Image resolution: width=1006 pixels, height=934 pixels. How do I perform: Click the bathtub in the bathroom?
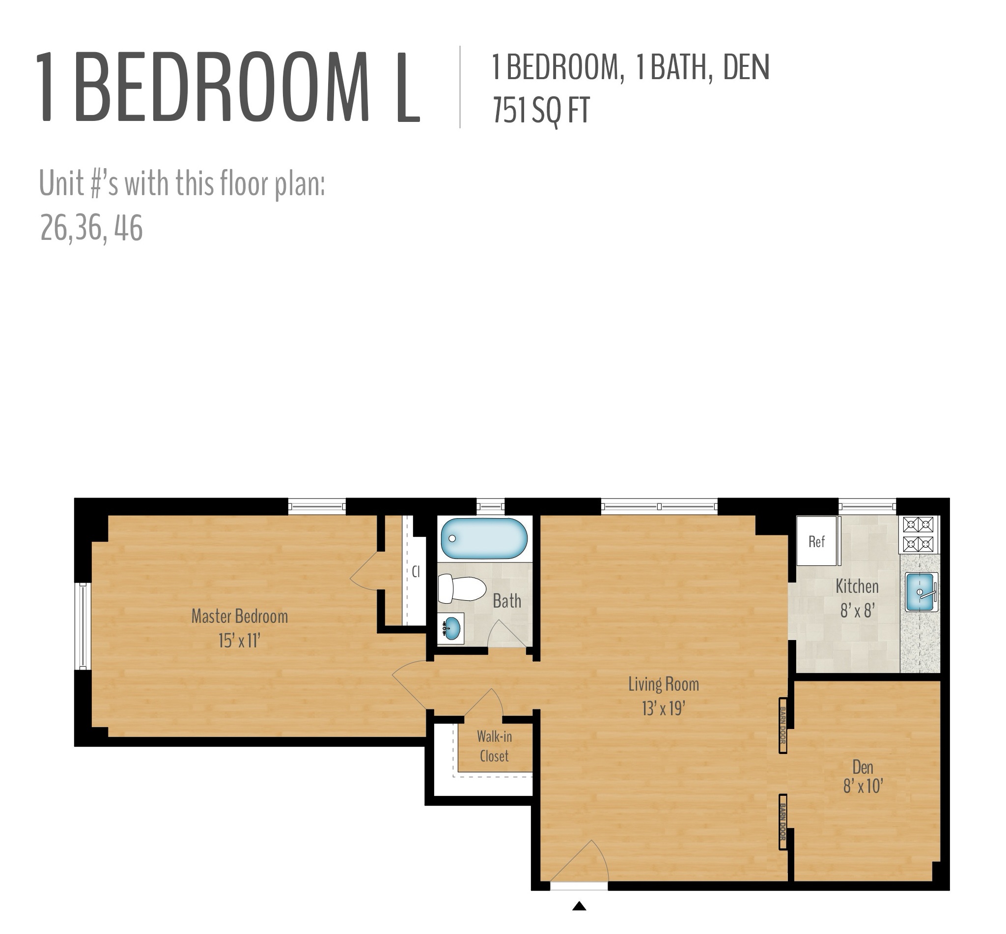pyautogui.click(x=483, y=538)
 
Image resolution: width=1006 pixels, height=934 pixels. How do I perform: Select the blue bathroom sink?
pyautogui.click(x=451, y=628)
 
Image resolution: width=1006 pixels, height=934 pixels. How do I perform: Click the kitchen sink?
pyautogui.click(x=920, y=591)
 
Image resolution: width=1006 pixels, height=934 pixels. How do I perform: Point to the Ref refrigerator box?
pyautogui.click(x=816, y=541)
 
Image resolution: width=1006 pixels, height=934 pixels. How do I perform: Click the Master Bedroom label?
pyautogui.click(x=239, y=616)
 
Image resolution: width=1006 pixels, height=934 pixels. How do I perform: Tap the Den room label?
pyautogui.click(x=863, y=767)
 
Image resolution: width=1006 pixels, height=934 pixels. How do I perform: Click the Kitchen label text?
pyautogui.click(x=857, y=586)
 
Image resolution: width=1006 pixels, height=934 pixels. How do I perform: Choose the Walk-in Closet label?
pyautogui.click(x=494, y=747)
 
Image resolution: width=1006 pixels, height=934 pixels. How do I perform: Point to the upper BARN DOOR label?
pyautogui.click(x=782, y=725)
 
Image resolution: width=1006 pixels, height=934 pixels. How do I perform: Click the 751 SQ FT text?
pyautogui.click(x=541, y=111)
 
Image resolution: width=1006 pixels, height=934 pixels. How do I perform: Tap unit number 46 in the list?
pyautogui.click(x=128, y=228)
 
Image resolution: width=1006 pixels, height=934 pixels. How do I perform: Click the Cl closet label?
pyautogui.click(x=416, y=572)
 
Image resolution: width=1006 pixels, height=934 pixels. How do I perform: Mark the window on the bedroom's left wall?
pyautogui.click(x=83, y=626)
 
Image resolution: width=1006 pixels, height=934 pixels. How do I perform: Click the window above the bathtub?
pyautogui.click(x=490, y=505)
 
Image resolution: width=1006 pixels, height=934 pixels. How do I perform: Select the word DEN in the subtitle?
pyautogui.click(x=746, y=67)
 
